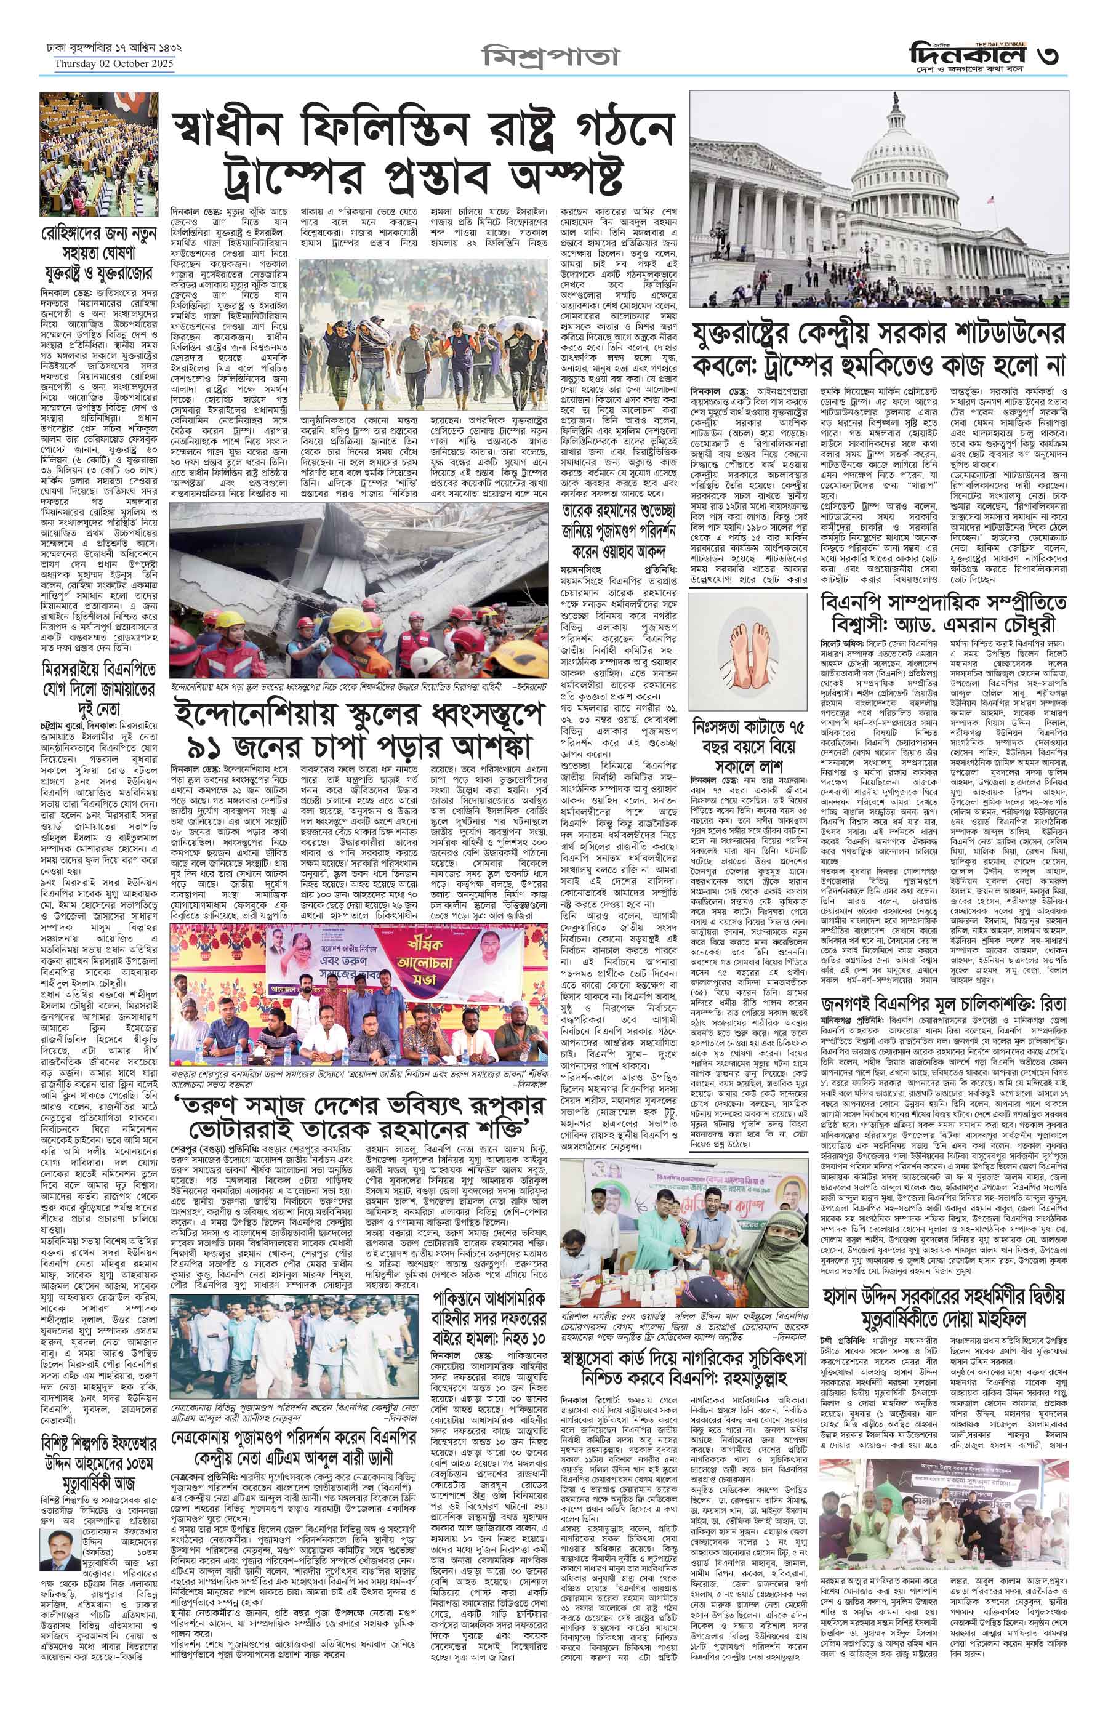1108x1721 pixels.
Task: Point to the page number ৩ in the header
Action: click(x=1048, y=55)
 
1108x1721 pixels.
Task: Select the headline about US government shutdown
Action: click(x=878, y=350)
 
